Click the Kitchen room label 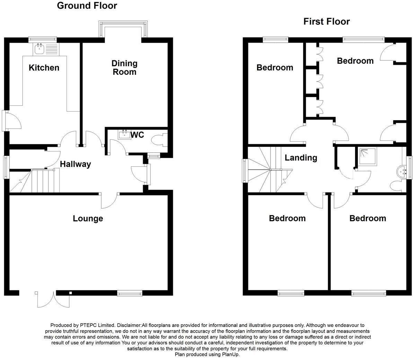point(44,68)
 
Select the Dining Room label point(124,68)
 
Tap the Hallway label point(76,164)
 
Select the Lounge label point(88,219)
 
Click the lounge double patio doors point(45,299)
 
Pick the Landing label point(301,158)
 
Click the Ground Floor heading point(87,6)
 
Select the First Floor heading point(326,21)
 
